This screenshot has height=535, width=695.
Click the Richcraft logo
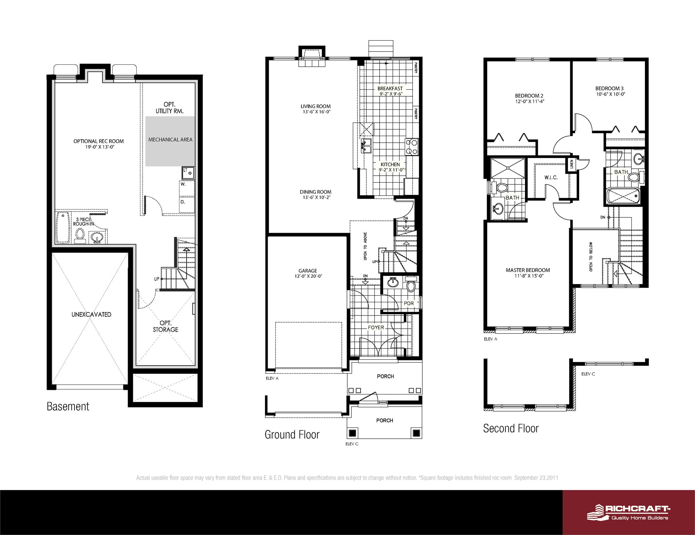[629, 512]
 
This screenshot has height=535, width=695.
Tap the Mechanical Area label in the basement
[170, 139]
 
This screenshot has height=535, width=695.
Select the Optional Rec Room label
[98, 141]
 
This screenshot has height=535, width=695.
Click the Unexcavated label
[91, 314]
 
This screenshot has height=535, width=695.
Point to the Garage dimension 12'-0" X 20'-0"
[307, 277]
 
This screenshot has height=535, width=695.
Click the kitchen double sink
[366, 146]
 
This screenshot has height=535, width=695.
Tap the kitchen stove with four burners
[412, 146]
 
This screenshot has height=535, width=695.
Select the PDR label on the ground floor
[409, 303]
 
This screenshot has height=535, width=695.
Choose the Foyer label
[376, 327]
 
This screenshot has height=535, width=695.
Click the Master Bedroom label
[527, 270]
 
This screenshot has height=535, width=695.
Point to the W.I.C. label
[551, 177]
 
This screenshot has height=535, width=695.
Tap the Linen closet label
[571, 165]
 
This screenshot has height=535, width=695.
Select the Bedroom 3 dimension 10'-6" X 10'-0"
[610, 94]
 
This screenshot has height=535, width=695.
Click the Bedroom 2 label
[529, 96]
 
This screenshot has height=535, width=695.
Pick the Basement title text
[68, 406]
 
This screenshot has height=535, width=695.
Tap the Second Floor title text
[511, 428]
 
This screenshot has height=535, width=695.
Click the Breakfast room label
[390, 88]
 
